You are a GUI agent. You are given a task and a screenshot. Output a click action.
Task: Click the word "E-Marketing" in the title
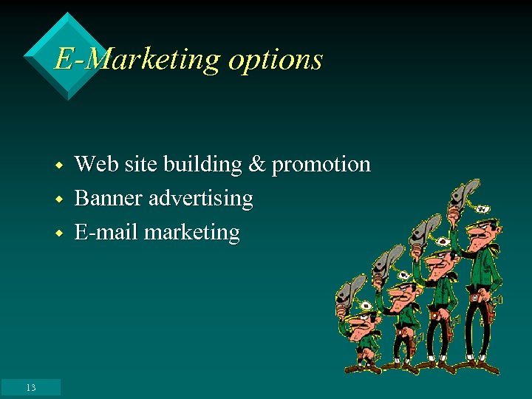[x=137, y=59]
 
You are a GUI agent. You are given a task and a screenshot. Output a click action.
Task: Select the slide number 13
[x=30, y=387]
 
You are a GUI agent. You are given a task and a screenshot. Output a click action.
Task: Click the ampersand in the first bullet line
[x=256, y=164]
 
